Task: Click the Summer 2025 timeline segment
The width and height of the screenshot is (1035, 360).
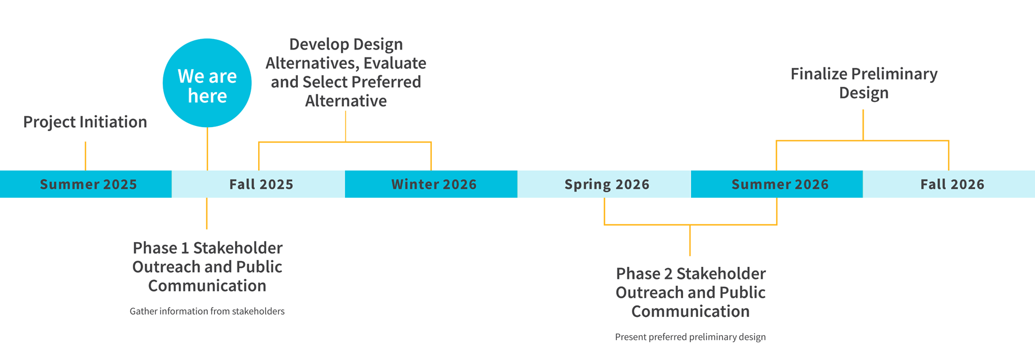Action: point(86,184)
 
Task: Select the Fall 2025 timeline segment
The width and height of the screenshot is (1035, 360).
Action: point(258,184)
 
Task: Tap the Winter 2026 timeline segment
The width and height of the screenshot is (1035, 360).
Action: point(431,184)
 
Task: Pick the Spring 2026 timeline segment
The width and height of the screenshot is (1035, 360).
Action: point(604,184)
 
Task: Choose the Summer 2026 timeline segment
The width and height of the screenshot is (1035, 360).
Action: point(777,184)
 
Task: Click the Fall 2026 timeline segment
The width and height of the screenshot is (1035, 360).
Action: point(949,184)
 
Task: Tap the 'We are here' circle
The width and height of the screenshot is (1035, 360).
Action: point(207,83)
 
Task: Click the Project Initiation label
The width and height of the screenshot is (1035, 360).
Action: point(85,122)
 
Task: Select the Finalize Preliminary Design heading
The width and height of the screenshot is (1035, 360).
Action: point(864,83)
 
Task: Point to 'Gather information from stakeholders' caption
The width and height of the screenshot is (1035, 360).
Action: point(207,311)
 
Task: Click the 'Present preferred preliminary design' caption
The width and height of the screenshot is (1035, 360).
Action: point(691,337)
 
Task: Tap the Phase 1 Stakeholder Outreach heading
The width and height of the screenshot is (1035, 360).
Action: point(207,266)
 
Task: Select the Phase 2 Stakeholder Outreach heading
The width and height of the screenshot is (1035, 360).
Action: point(691,292)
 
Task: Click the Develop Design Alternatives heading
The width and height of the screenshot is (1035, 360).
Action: point(346,72)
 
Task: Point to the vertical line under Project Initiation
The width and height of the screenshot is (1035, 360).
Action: point(86,156)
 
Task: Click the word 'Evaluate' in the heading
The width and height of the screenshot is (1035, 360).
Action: point(395,63)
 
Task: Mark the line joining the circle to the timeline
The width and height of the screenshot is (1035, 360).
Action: point(207,149)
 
